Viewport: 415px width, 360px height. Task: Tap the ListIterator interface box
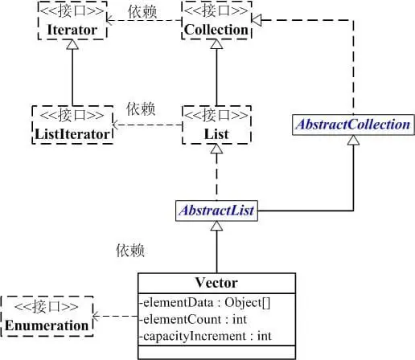(x=72, y=125)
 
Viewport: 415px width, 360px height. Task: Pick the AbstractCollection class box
(x=354, y=125)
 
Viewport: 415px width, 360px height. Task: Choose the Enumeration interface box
(x=45, y=317)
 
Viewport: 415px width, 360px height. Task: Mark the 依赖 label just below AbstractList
(x=129, y=252)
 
